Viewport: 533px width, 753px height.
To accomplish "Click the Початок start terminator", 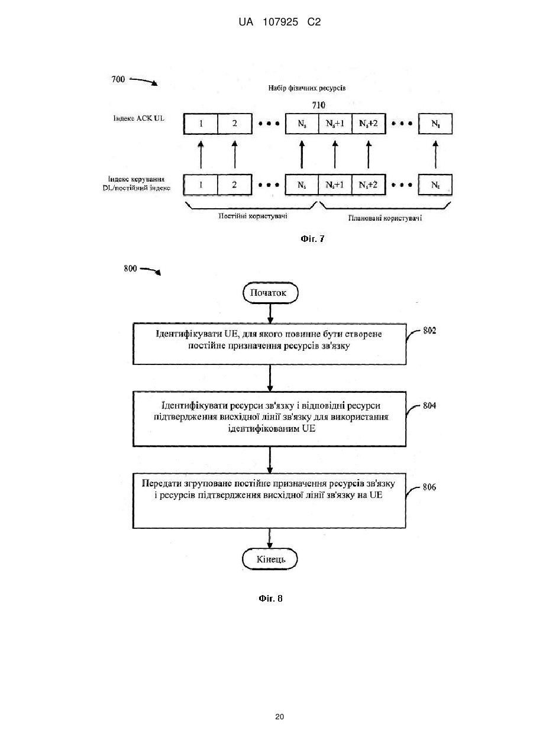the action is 270,292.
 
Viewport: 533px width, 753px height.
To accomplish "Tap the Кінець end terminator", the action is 270,559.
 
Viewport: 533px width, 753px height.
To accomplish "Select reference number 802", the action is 429,331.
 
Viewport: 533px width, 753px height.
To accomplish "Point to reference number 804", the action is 429,406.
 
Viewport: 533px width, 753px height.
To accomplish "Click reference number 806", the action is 429,487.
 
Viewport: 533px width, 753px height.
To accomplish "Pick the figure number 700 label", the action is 118,79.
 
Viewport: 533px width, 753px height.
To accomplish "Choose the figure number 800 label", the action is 131,269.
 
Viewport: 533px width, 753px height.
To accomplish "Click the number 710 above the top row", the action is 318,105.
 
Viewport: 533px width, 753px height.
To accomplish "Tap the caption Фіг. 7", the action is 312,238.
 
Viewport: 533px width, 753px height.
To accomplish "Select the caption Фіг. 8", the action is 270,599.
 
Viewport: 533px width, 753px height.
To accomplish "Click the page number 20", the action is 279,717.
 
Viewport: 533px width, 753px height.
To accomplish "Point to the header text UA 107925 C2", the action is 280,22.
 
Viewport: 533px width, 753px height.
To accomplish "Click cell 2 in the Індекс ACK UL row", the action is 235,124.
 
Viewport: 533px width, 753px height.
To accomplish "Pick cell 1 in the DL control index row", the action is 201,185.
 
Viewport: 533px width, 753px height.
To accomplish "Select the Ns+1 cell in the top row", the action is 335,124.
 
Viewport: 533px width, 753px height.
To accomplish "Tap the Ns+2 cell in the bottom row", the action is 368,185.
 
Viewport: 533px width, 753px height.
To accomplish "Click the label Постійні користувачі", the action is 253,216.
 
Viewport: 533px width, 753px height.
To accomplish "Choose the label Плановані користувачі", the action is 385,218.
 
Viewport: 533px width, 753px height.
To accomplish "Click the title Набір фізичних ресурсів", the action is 306,88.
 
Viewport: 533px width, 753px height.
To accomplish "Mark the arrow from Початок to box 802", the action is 270,314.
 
